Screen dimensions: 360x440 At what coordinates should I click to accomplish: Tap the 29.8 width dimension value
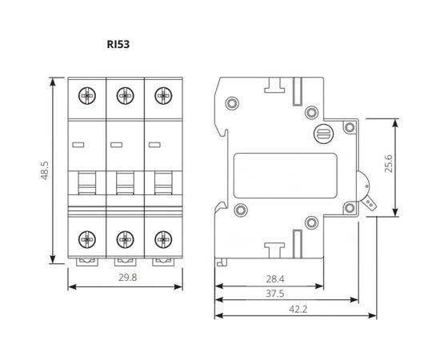click(124, 278)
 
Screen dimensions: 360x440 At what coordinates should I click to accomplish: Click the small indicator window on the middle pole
click(116, 145)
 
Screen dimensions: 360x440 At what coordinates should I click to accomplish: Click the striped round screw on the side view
click(325, 135)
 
